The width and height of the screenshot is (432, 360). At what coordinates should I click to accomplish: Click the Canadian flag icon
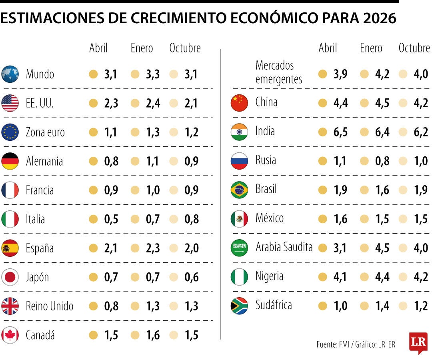[10, 335]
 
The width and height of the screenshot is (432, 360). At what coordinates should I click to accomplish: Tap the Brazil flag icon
[239, 190]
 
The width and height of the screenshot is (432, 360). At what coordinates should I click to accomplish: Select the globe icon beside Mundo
[10, 74]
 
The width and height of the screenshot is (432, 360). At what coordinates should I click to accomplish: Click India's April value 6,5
[340, 132]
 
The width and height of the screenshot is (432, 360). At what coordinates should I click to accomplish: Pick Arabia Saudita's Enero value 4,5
[382, 248]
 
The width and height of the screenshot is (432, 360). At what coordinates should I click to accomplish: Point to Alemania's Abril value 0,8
[111, 161]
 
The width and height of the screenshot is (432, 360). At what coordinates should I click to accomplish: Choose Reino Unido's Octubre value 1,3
[192, 306]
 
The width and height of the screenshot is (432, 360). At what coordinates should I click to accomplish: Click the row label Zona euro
[45, 132]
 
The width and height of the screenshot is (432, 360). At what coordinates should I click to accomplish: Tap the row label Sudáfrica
[274, 305]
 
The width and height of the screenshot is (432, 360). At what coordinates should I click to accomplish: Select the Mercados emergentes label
[279, 72]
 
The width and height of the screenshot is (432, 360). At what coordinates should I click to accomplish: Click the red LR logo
[418, 342]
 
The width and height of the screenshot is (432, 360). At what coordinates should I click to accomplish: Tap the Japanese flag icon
[10, 277]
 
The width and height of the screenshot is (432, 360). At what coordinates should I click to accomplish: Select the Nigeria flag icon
[239, 277]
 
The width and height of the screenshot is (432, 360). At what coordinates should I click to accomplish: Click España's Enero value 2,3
[152, 248]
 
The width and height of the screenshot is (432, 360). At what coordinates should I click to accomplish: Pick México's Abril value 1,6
[340, 219]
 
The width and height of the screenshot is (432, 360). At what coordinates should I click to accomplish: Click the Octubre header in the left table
[185, 48]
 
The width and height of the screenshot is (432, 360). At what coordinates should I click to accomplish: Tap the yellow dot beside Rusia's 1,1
[322, 161]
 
